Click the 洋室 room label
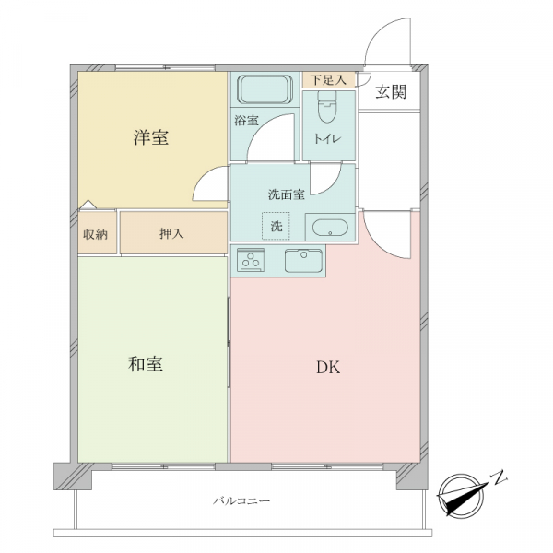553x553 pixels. pyautogui.click(x=151, y=137)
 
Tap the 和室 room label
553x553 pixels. pyautogui.click(x=146, y=364)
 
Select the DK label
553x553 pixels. pyautogui.click(x=328, y=368)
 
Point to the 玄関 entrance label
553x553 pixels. pyautogui.click(x=391, y=91)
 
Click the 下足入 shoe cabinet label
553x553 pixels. pyautogui.click(x=328, y=80)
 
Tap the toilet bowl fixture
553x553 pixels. pyautogui.click(x=327, y=107)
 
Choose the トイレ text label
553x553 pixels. pyautogui.click(x=327, y=138)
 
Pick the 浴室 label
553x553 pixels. pyautogui.click(x=246, y=121)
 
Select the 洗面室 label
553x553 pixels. pyautogui.click(x=287, y=194)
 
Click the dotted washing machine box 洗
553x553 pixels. pyautogui.click(x=276, y=226)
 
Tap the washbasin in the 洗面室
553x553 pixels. pyautogui.click(x=330, y=228)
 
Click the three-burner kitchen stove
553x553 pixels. pyautogui.click(x=251, y=260)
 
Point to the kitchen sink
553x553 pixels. pyautogui.click(x=303, y=261)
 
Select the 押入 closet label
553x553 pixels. pyautogui.click(x=171, y=233)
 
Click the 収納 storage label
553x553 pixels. pyautogui.click(x=95, y=234)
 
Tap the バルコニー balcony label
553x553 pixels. pyautogui.click(x=241, y=500)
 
